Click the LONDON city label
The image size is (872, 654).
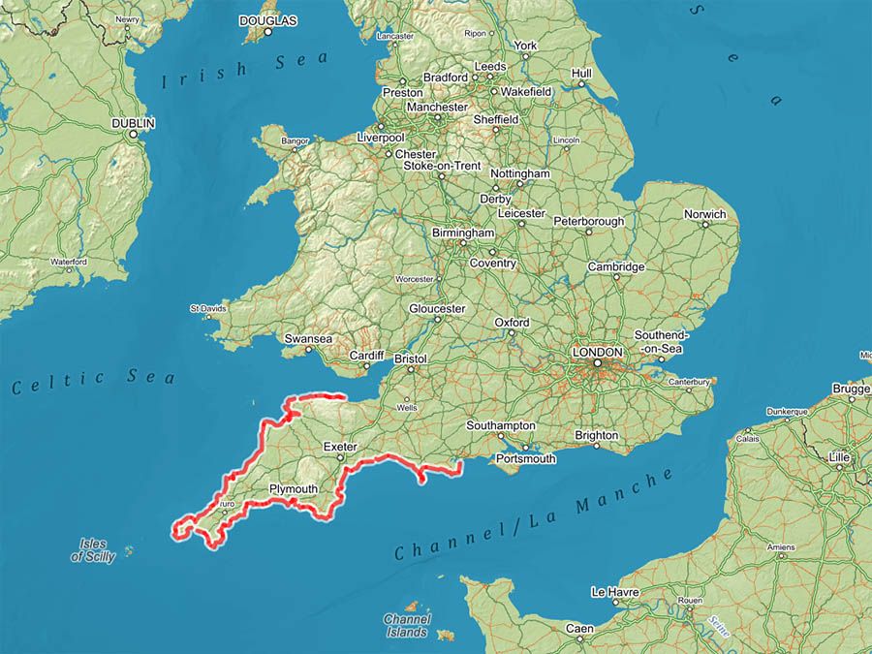[x=598, y=352]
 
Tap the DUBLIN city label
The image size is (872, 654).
[x=133, y=124]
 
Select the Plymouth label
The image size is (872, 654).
[x=293, y=489]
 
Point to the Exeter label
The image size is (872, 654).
[x=340, y=447]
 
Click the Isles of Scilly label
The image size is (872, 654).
[x=93, y=550]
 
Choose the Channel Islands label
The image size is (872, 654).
[x=406, y=626]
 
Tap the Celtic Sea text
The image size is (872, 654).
[x=94, y=381]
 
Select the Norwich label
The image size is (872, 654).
[x=704, y=214]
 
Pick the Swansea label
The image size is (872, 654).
[x=308, y=339]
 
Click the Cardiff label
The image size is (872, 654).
[x=367, y=356]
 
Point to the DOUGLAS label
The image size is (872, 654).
[x=267, y=19]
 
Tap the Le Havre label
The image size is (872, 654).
[x=612, y=591]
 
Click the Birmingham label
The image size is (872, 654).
[x=464, y=234]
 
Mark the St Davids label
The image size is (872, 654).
[x=207, y=308]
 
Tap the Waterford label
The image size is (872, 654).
[x=69, y=262]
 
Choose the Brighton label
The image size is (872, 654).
[x=596, y=435]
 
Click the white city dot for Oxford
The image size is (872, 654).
[x=512, y=334]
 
